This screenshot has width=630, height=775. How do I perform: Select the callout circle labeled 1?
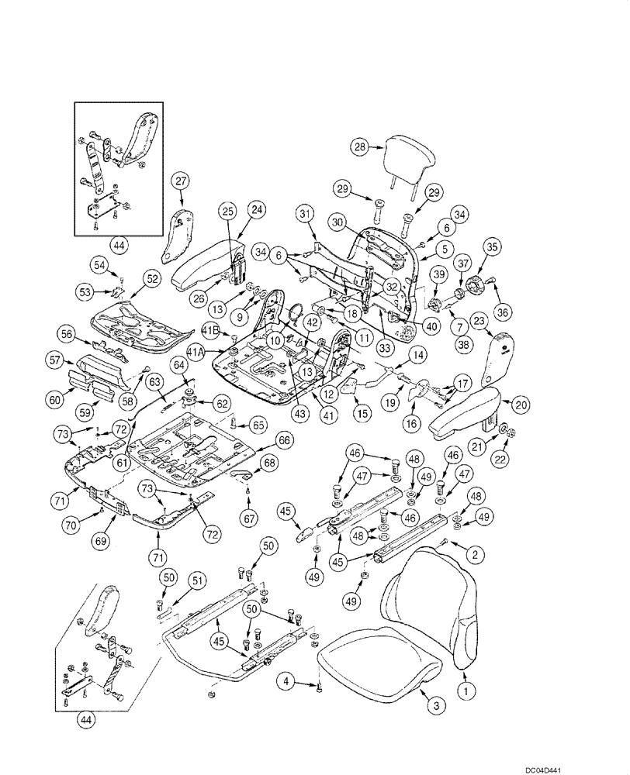pyautogui.click(x=466, y=687)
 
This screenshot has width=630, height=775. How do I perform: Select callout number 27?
pyautogui.click(x=181, y=182)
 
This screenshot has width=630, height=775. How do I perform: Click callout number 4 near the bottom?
pyautogui.click(x=287, y=682)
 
